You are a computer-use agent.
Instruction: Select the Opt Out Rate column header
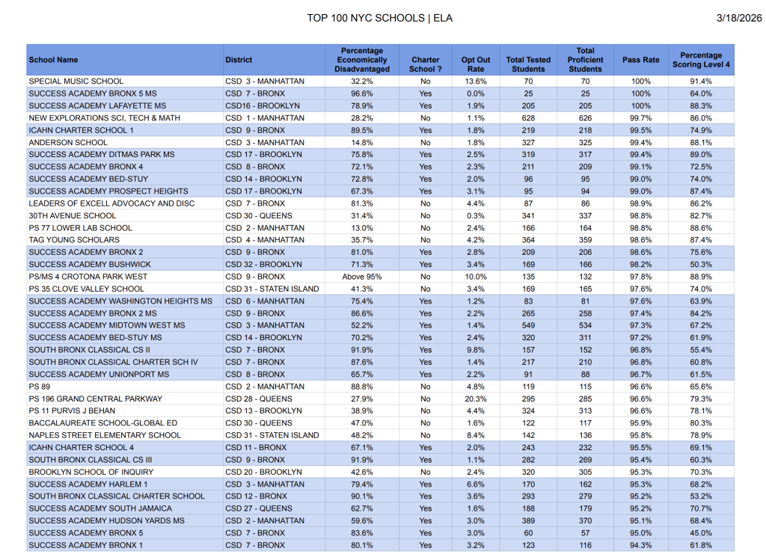click(x=476, y=60)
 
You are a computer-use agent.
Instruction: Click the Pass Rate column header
click(x=641, y=60)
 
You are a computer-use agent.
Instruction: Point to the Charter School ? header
click(x=426, y=60)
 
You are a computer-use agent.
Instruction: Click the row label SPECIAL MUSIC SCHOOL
click(x=76, y=81)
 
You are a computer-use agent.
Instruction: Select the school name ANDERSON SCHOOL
click(x=68, y=142)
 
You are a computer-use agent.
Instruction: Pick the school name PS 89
click(x=40, y=387)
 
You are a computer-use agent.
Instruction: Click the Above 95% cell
click(x=362, y=277)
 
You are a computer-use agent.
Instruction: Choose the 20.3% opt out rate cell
click(x=476, y=398)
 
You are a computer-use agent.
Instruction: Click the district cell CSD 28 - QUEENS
click(x=258, y=398)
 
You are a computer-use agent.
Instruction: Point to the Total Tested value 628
click(x=529, y=118)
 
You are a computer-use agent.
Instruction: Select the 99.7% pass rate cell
click(x=641, y=118)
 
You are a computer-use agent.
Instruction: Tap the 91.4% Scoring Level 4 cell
click(x=701, y=81)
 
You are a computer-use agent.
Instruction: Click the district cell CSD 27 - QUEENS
click(x=258, y=508)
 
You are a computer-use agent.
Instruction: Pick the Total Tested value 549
click(x=529, y=325)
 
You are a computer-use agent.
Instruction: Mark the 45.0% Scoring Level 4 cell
click(x=701, y=533)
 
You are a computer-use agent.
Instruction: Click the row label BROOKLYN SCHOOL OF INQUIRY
click(x=91, y=472)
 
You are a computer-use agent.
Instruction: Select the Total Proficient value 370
click(x=585, y=520)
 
